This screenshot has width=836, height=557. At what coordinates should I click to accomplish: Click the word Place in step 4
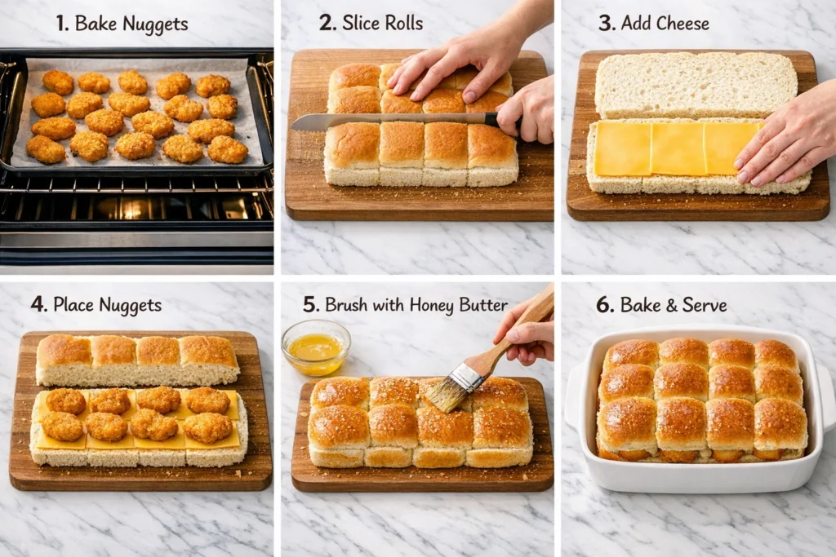73,306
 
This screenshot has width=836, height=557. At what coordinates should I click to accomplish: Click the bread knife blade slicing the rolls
384,122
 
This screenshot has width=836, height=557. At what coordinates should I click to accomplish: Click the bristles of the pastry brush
447,391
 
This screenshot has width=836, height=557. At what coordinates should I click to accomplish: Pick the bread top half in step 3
696,84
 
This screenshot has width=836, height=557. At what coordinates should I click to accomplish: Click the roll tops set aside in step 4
136,359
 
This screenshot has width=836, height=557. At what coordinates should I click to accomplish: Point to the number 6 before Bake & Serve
605,306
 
